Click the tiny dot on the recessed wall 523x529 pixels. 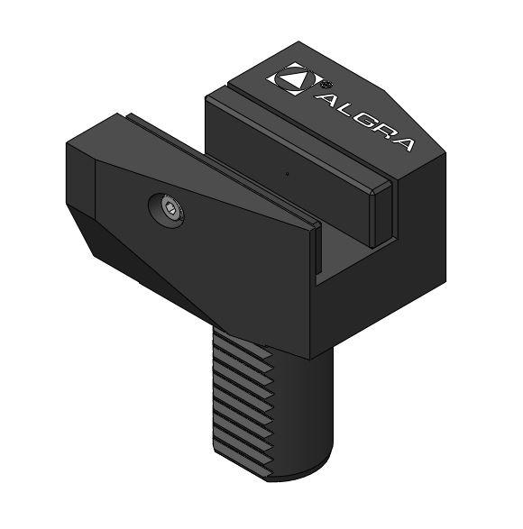pyautogui.click(x=287, y=173)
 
